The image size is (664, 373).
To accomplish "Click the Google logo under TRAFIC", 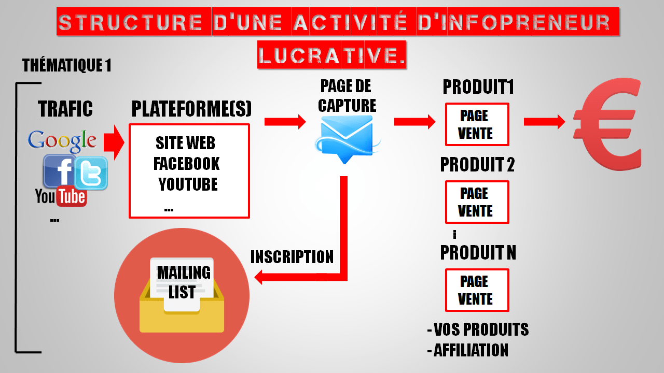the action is click(62, 140).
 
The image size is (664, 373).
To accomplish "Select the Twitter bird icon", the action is click(91, 173).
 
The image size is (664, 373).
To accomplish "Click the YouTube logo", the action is click(61, 196).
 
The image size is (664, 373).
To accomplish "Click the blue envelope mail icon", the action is click(347, 138).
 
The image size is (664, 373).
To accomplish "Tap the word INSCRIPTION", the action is click(292, 257).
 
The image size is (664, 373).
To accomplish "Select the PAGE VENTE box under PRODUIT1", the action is click(477, 124).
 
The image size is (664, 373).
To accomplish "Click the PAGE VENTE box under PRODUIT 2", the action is click(477, 202).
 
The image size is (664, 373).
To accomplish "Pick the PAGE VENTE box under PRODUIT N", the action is click(477, 290).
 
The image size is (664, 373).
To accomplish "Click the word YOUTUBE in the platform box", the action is click(188, 184).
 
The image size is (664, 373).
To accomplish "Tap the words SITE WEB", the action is click(185, 143).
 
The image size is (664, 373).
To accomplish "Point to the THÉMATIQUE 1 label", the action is click(67, 66).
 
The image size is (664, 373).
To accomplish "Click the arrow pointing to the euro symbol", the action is click(544, 122).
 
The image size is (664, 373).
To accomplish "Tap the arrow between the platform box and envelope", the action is click(285, 122).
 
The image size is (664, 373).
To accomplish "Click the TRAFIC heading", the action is click(65, 109).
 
